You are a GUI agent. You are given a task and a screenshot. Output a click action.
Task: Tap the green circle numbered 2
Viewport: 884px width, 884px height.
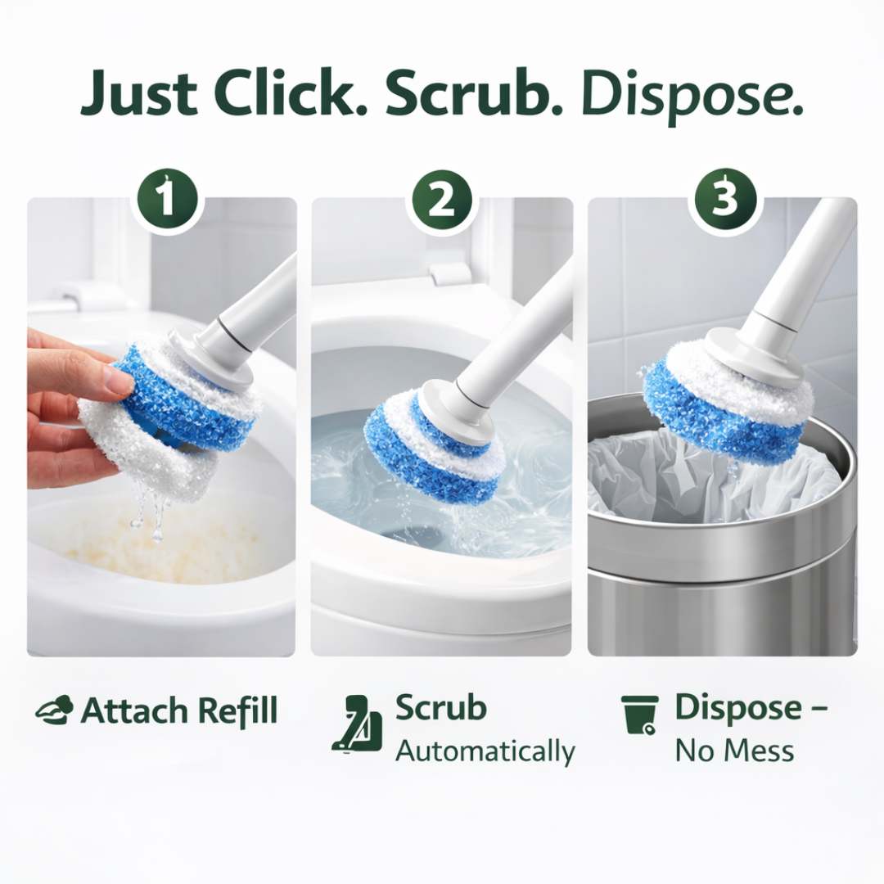(442, 200)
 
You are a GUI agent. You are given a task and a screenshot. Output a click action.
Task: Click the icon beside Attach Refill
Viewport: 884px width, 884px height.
(54, 710)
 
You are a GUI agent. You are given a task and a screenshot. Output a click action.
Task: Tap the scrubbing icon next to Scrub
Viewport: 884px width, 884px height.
(358, 724)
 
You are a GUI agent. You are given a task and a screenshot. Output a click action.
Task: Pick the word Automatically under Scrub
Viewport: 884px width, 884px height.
(485, 751)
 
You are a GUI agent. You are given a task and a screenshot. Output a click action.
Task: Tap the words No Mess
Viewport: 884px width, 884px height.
(733, 750)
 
